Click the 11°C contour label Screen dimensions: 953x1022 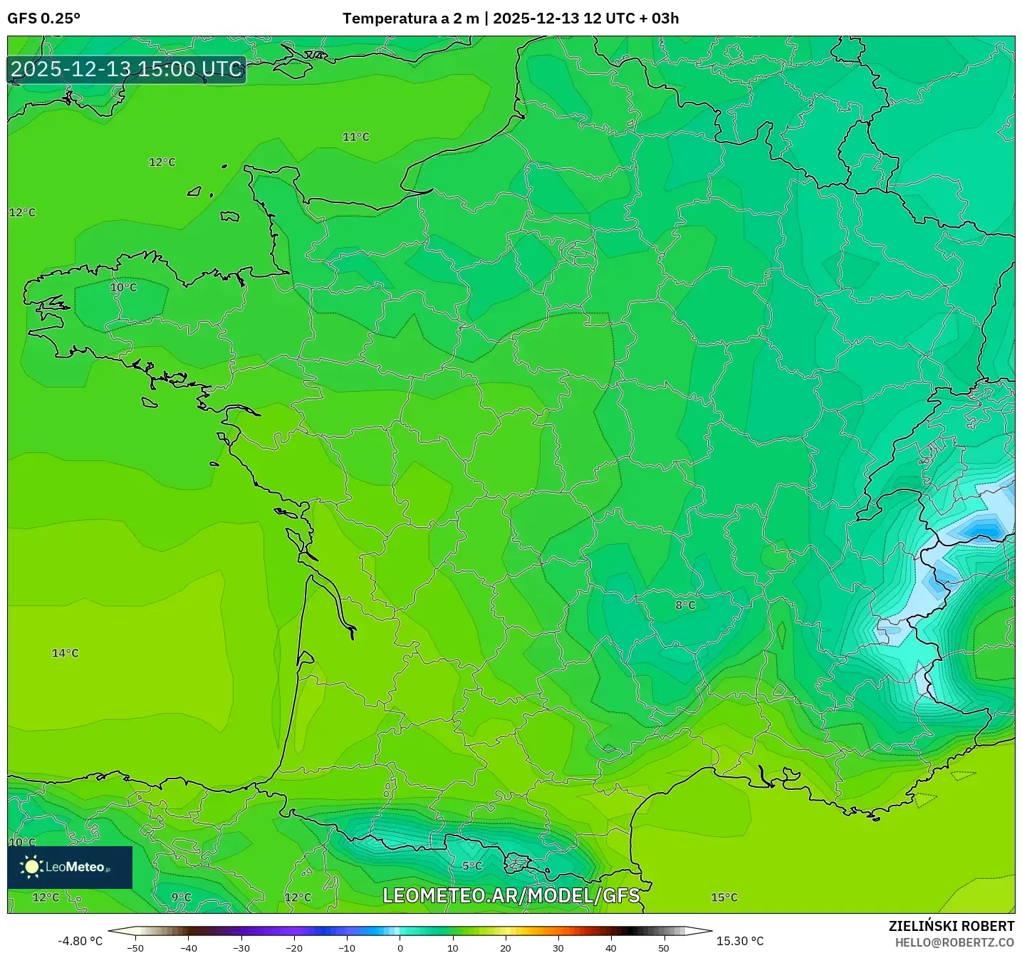click(x=356, y=137)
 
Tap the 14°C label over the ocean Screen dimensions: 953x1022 click(x=66, y=653)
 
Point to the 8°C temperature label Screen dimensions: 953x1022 click(x=685, y=605)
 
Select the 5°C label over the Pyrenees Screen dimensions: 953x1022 click(x=472, y=866)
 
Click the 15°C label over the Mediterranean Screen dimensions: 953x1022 click(x=724, y=897)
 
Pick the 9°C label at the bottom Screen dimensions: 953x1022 click(x=182, y=897)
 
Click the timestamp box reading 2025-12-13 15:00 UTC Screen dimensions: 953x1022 click(x=127, y=70)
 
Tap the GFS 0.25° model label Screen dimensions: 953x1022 click(x=43, y=19)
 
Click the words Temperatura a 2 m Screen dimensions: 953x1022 click(x=410, y=19)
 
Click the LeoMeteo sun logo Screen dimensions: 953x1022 click(x=31, y=867)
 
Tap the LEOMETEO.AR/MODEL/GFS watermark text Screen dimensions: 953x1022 click(x=511, y=895)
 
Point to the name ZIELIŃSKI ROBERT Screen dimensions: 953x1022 click(x=951, y=926)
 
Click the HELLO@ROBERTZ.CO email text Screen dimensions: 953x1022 click(x=954, y=942)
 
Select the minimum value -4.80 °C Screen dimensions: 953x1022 click(x=80, y=941)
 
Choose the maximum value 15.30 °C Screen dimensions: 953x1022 click(x=740, y=941)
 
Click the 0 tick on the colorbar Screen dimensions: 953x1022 click(x=400, y=948)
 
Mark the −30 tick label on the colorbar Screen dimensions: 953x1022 click(x=241, y=948)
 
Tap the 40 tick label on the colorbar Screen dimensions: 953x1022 click(x=610, y=948)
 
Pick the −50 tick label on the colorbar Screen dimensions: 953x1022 click(x=135, y=948)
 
